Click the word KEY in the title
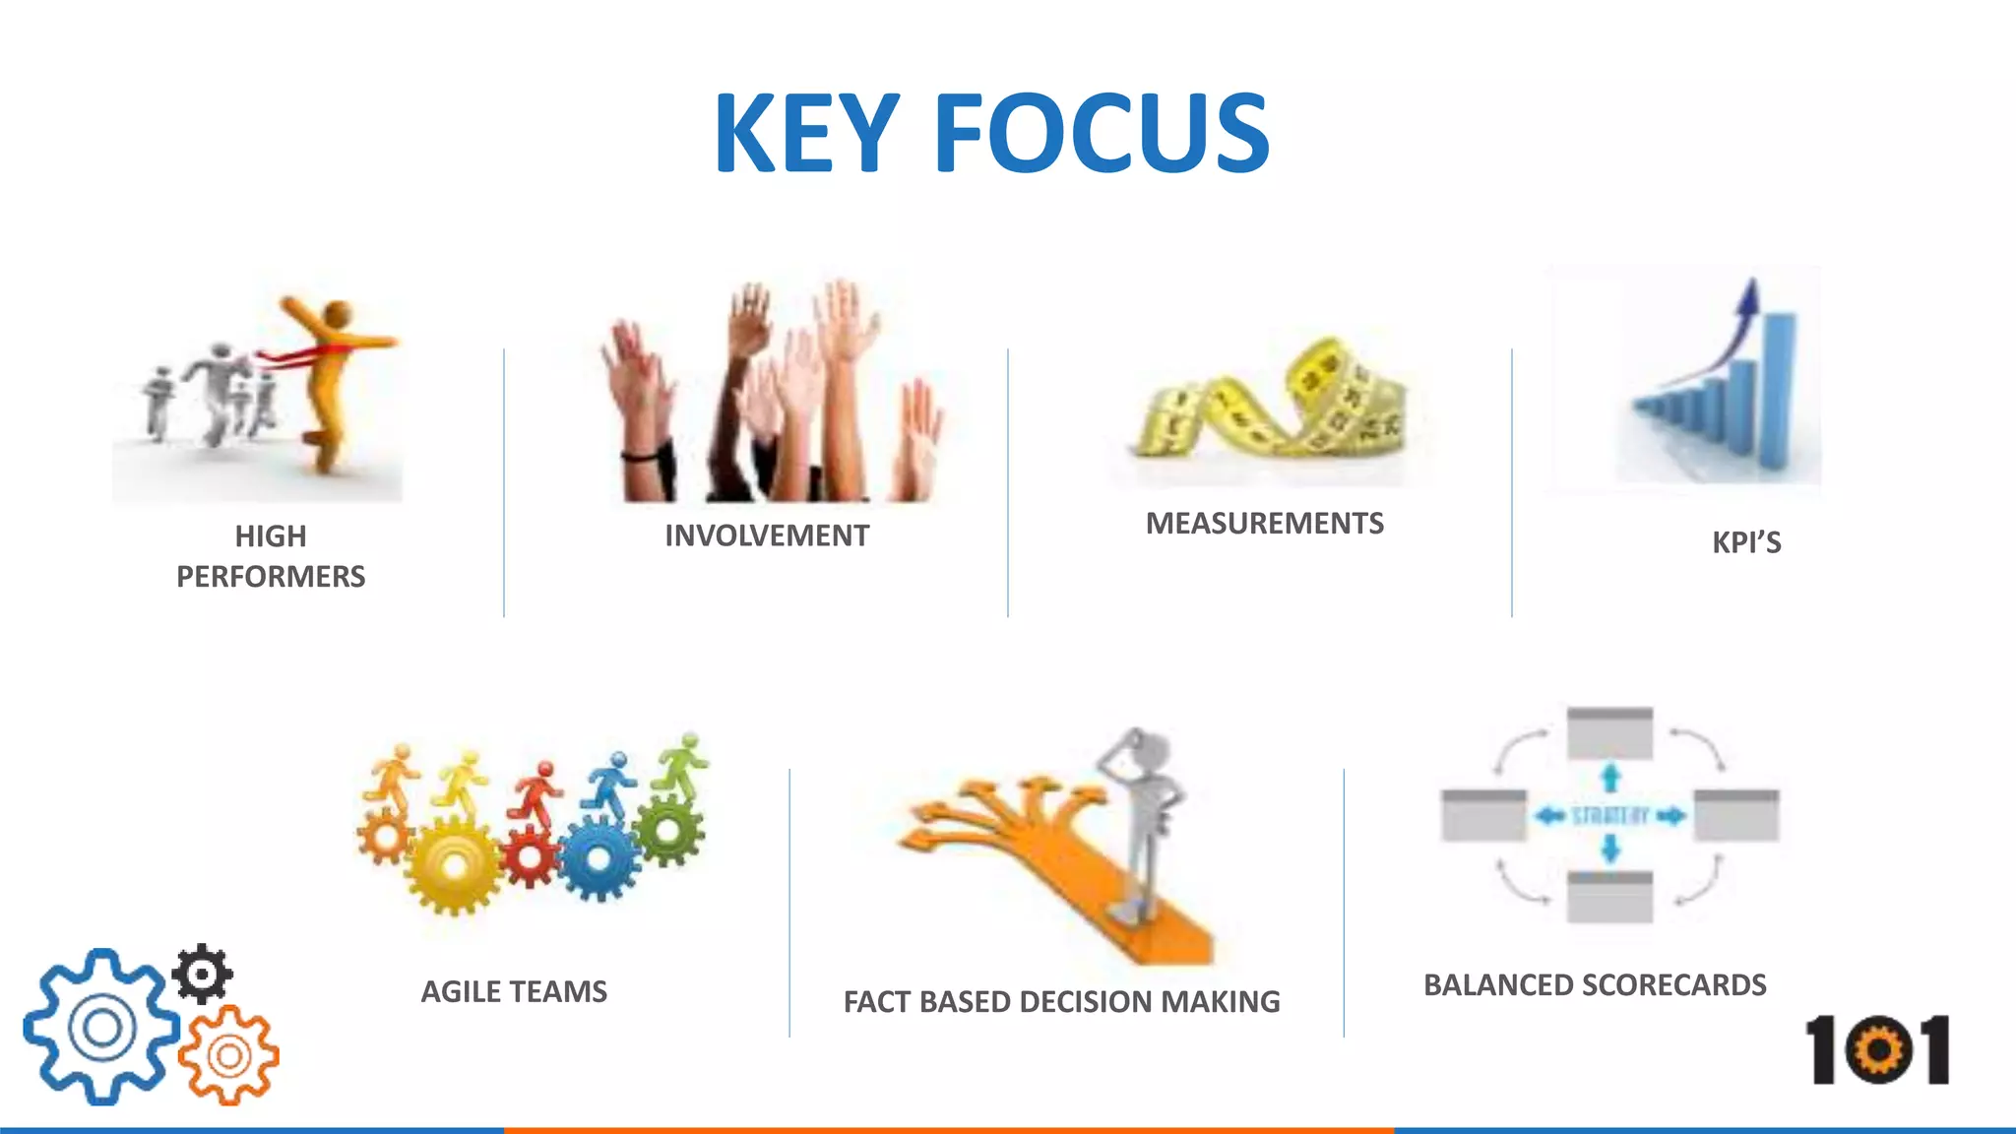point(805,134)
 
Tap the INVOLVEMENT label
point(767,535)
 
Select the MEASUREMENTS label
point(1264,523)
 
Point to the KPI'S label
point(1746,542)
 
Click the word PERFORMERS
point(271,576)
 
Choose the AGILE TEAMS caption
point(514,991)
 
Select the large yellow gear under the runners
point(453,866)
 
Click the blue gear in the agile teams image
point(598,856)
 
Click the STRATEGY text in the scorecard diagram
point(1609,815)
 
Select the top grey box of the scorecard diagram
point(1609,732)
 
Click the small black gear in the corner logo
point(203,974)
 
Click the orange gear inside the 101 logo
point(1879,1050)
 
